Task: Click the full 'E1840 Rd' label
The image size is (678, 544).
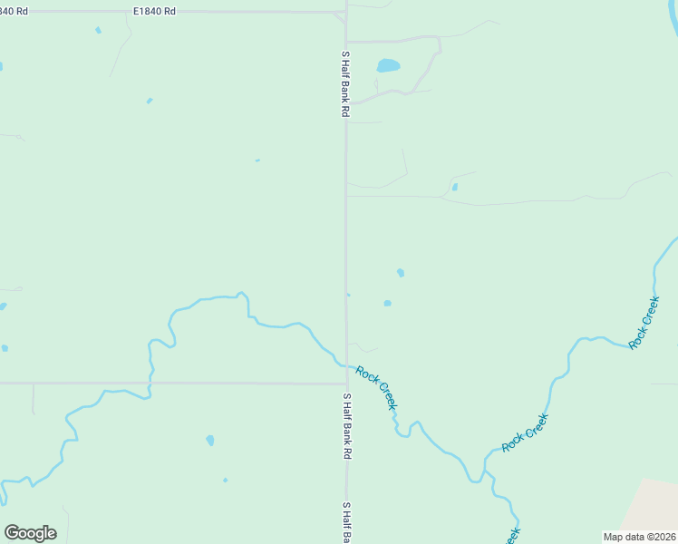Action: [154, 10]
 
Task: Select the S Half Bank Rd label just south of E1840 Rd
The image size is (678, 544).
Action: [345, 83]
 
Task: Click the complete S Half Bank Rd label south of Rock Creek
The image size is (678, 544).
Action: [345, 426]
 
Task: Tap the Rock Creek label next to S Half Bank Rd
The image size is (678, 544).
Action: [376, 387]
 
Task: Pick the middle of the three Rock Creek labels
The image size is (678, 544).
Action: [526, 433]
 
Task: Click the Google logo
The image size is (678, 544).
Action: [30, 533]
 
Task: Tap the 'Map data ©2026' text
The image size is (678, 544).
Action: [639, 537]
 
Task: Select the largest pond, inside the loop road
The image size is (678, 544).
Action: [388, 66]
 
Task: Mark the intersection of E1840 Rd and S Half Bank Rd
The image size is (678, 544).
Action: [345, 13]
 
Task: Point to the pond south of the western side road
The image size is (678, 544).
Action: [209, 441]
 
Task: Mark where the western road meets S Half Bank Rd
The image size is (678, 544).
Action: [345, 383]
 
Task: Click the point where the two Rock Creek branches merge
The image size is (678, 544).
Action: [481, 478]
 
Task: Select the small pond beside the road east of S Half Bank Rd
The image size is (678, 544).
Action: [454, 188]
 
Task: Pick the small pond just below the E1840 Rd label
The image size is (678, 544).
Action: [98, 30]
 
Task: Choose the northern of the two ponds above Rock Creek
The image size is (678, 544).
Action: [400, 272]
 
